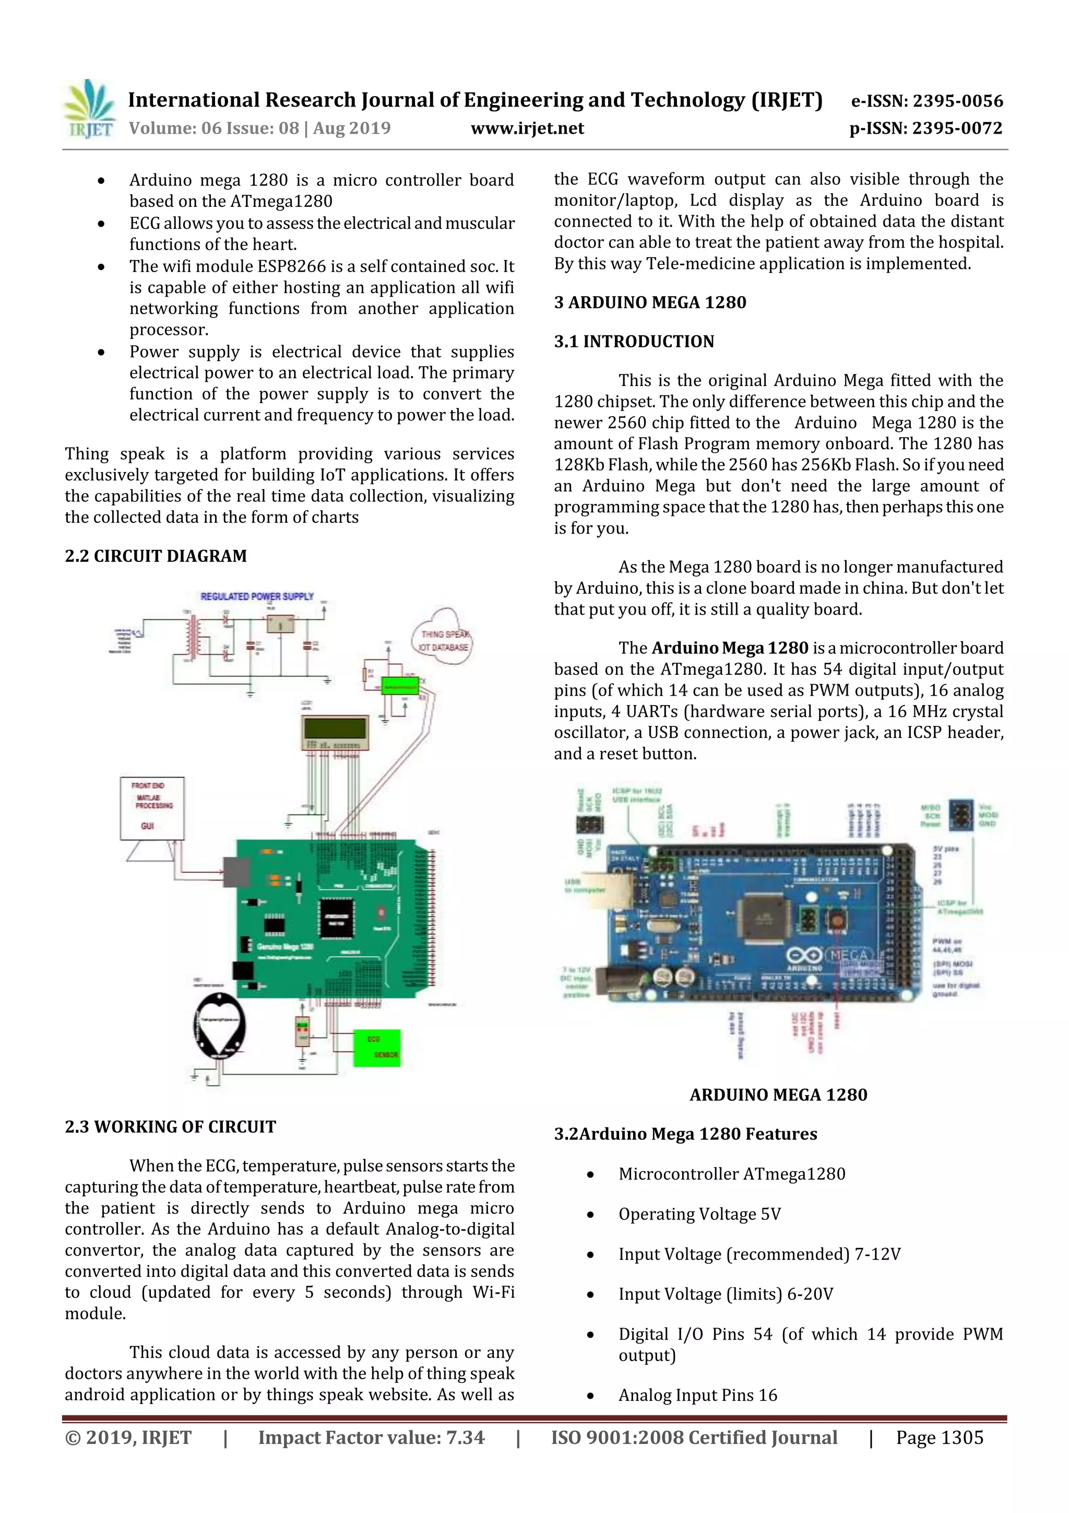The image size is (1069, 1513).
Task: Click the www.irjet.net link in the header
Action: [527, 128]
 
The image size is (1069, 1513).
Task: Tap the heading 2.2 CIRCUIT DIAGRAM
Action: [156, 556]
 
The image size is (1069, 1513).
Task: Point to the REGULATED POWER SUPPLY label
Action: [257, 596]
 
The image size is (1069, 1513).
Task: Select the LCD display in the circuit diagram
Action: [335, 732]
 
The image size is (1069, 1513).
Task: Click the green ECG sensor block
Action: [377, 1047]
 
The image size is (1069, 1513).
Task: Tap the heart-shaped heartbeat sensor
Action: [220, 1026]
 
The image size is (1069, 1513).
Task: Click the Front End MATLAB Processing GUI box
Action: [152, 808]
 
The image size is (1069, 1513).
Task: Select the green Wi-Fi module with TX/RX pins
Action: [400, 685]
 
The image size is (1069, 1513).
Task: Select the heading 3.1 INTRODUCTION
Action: [634, 342]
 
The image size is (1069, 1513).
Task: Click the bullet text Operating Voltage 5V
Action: [699, 1214]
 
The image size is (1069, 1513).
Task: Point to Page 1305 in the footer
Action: [939, 1438]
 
